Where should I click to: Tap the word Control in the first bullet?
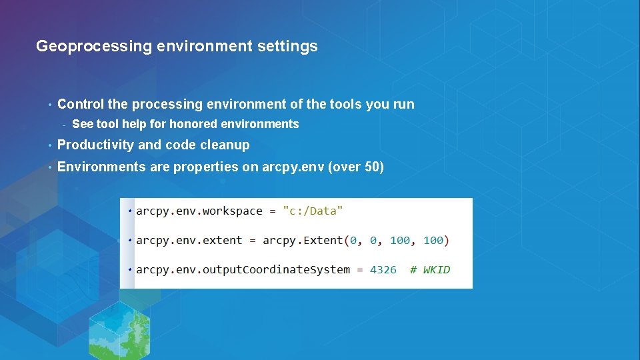[81, 104]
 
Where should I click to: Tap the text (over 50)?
[356, 167]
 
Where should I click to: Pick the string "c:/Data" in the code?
[313, 211]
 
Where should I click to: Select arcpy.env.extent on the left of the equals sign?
[189, 241]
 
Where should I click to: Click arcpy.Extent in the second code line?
[303, 241]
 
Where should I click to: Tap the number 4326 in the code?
[383, 270]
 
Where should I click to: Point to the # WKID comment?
[430, 270]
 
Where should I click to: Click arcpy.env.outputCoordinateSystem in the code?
[243, 270]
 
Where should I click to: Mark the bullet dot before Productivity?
[49, 145]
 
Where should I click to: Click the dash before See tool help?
[63, 125]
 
